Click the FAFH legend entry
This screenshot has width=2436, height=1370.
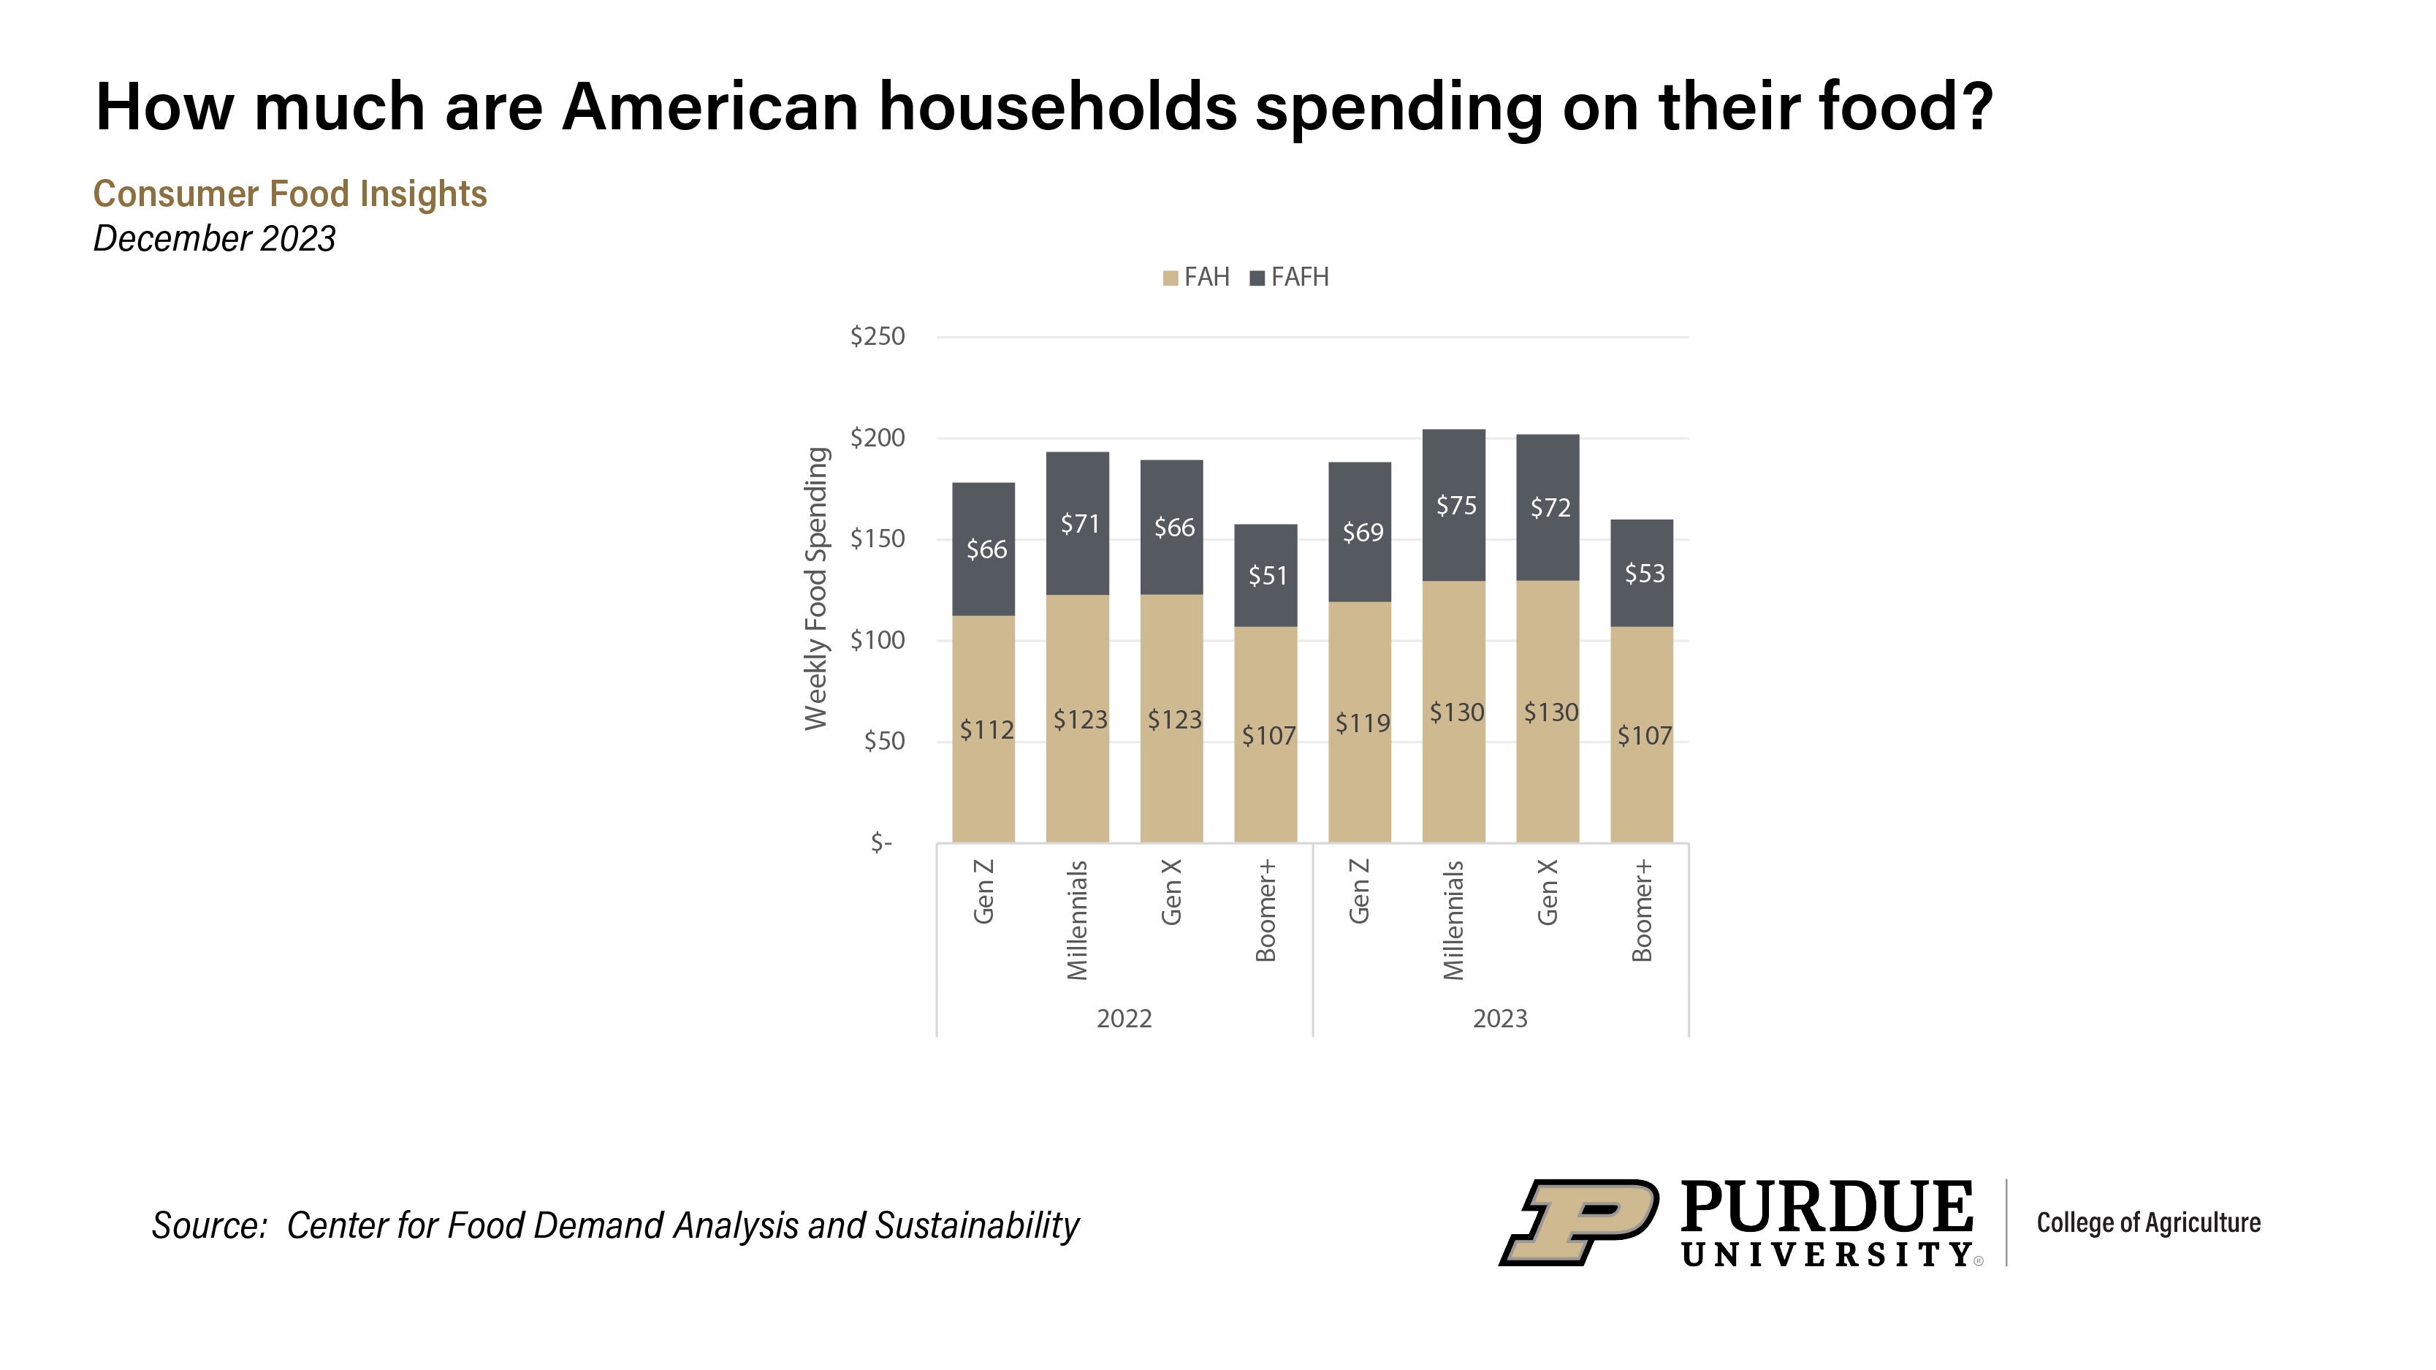[x=1290, y=277]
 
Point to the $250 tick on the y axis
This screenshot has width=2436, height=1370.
[x=878, y=337]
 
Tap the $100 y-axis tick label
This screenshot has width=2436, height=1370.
[x=878, y=640]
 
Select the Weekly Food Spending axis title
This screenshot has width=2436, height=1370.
[x=816, y=588]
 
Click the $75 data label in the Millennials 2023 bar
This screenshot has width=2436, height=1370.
[x=1455, y=506]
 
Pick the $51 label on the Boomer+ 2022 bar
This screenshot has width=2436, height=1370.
[x=1267, y=576]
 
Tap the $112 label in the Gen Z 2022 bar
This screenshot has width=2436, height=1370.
[x=986, y=730]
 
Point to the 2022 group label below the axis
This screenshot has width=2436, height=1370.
[x=1124, y=1019]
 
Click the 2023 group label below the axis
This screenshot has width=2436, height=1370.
[x=1500, y=1019]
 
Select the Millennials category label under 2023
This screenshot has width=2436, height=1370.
[x=1453, y=919]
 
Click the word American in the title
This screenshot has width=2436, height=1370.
[x=710, y=107]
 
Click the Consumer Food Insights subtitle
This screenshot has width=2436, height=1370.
[x=289, y=194]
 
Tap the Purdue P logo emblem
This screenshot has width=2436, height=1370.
[x=1578, y=1222]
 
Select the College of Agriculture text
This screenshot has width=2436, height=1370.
[x=2147, y=1222]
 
